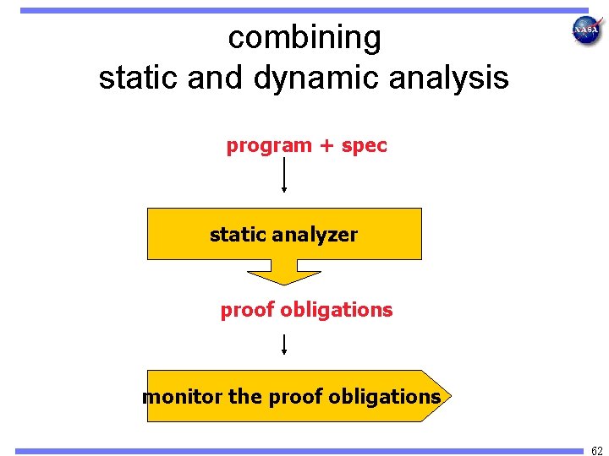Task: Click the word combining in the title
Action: (x=304, y=38)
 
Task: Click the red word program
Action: (x=269, y=146)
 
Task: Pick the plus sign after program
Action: (x=327, y=146)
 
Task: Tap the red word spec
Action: (x=365, y=146)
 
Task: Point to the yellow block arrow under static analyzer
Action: (x=284, y=275)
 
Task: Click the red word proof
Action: (x=247, y=310)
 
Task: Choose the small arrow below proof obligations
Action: (x=284, y=344)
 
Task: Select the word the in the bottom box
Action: (x=244, y=397)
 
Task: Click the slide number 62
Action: (x=597, y=449)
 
